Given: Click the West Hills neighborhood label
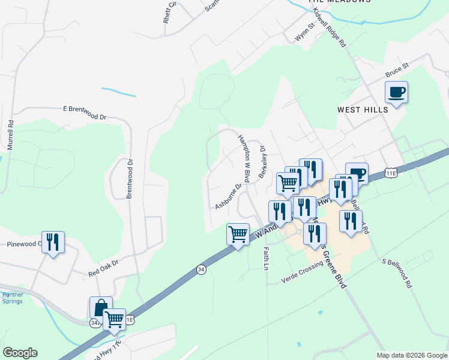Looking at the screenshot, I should coord(363,110).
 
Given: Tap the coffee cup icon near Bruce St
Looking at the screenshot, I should coord(396,92).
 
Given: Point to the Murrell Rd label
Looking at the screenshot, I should coord(10,134).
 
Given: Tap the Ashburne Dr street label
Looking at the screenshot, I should coord(228,196).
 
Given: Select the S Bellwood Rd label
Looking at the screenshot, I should coord(399,274).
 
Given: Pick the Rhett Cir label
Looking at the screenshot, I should coord(170,11).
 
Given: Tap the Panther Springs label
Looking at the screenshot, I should coord(13,298).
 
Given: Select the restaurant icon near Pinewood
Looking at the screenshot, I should coord(53,242).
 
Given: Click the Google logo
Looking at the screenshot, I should coord(20,353).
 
